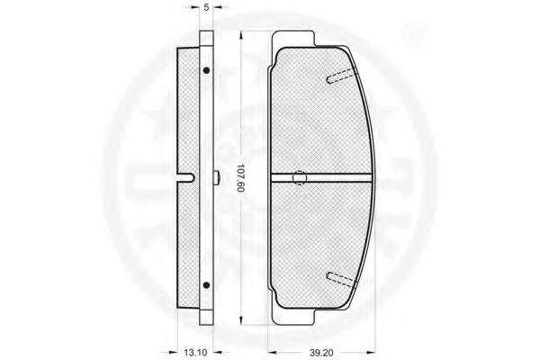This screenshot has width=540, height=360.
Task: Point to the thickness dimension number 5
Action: pyautogui.click(x=206, y=7)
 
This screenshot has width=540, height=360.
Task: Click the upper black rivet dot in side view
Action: pyautogui.click(x=206, y=70)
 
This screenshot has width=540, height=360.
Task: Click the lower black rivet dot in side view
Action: pyautogui.click(x=206, y=285)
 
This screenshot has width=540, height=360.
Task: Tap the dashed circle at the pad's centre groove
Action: pyautogui.click(x=300, y=178)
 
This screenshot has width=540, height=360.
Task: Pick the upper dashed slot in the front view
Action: pyautogui.click(x=341, y=76)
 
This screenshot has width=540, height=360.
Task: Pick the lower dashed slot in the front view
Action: pyautogui.click(x=341, y=279)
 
